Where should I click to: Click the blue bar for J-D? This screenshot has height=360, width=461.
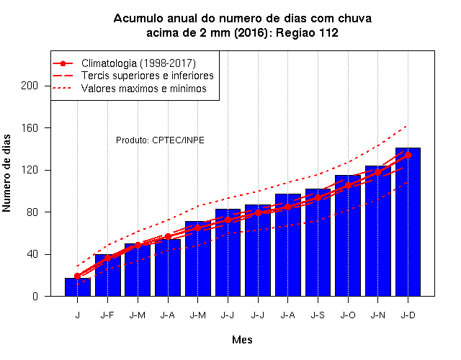click(x=408, y=222)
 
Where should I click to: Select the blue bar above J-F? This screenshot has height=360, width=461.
click(x=107, y=275)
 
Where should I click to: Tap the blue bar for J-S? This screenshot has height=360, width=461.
click(x=318, y=243)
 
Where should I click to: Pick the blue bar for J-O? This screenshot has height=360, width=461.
click(x=348, y=235)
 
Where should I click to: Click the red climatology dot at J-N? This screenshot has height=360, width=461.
click(x=377, y=173)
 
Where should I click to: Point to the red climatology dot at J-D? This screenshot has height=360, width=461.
click(x=408, y=156)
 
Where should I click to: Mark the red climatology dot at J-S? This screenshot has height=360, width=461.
click(x=318, y=198)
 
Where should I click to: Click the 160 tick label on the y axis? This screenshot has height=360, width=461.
click(x=30, y=128)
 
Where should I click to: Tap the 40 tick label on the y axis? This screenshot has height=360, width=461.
click(x=32, y=254)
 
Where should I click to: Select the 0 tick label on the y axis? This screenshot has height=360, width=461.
click(x=35, y=296)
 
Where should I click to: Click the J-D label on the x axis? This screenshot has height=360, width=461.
click(x=408, y=315)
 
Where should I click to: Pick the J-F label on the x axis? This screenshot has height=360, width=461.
click(x=107, y=315)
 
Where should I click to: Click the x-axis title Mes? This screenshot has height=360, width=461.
click(x=242, y=340)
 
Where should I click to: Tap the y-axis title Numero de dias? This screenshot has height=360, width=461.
click(x=6, y=173)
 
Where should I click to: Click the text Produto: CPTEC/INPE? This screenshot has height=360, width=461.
click(x=160, y=140)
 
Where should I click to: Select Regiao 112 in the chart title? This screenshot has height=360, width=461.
click(x=307, y=32)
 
